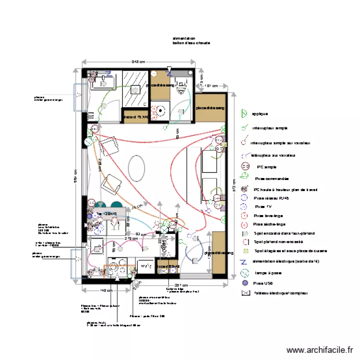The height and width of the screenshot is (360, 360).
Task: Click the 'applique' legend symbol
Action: point(243,114)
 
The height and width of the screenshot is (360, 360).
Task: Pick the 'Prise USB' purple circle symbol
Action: point(244,284)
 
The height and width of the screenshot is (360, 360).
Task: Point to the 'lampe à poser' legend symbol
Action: point(244,273)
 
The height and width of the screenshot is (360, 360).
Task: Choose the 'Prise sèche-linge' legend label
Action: point(269,224)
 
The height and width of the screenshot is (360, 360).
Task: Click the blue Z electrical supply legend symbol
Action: point(243,262)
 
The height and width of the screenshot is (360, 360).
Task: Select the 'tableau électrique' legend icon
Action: point(245,293)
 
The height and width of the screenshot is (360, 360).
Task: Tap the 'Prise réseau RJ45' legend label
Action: point(272,198)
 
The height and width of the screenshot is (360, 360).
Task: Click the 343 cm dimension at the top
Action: point(138,61)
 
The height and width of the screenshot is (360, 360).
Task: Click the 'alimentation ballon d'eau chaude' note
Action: point(191,41)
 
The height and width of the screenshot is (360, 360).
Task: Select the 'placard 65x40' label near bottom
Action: point(168,266)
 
